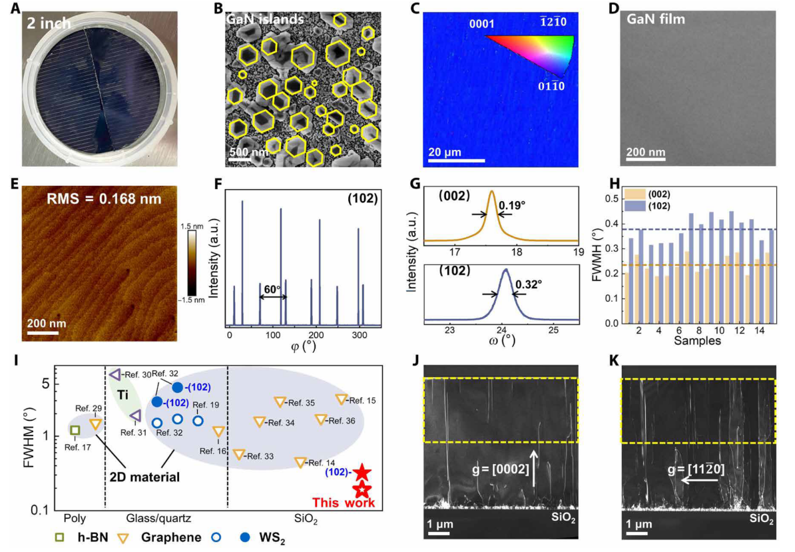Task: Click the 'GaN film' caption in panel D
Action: [657, 20]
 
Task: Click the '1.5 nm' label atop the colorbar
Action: [192, 227]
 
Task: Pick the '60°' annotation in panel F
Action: [273, 290]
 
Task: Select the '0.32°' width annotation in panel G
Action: [528, 284]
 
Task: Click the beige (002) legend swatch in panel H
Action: [632, 194]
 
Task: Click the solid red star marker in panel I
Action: [362, 472]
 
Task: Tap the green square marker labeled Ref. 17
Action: [75, 430]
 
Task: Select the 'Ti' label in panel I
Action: [123, 395]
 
